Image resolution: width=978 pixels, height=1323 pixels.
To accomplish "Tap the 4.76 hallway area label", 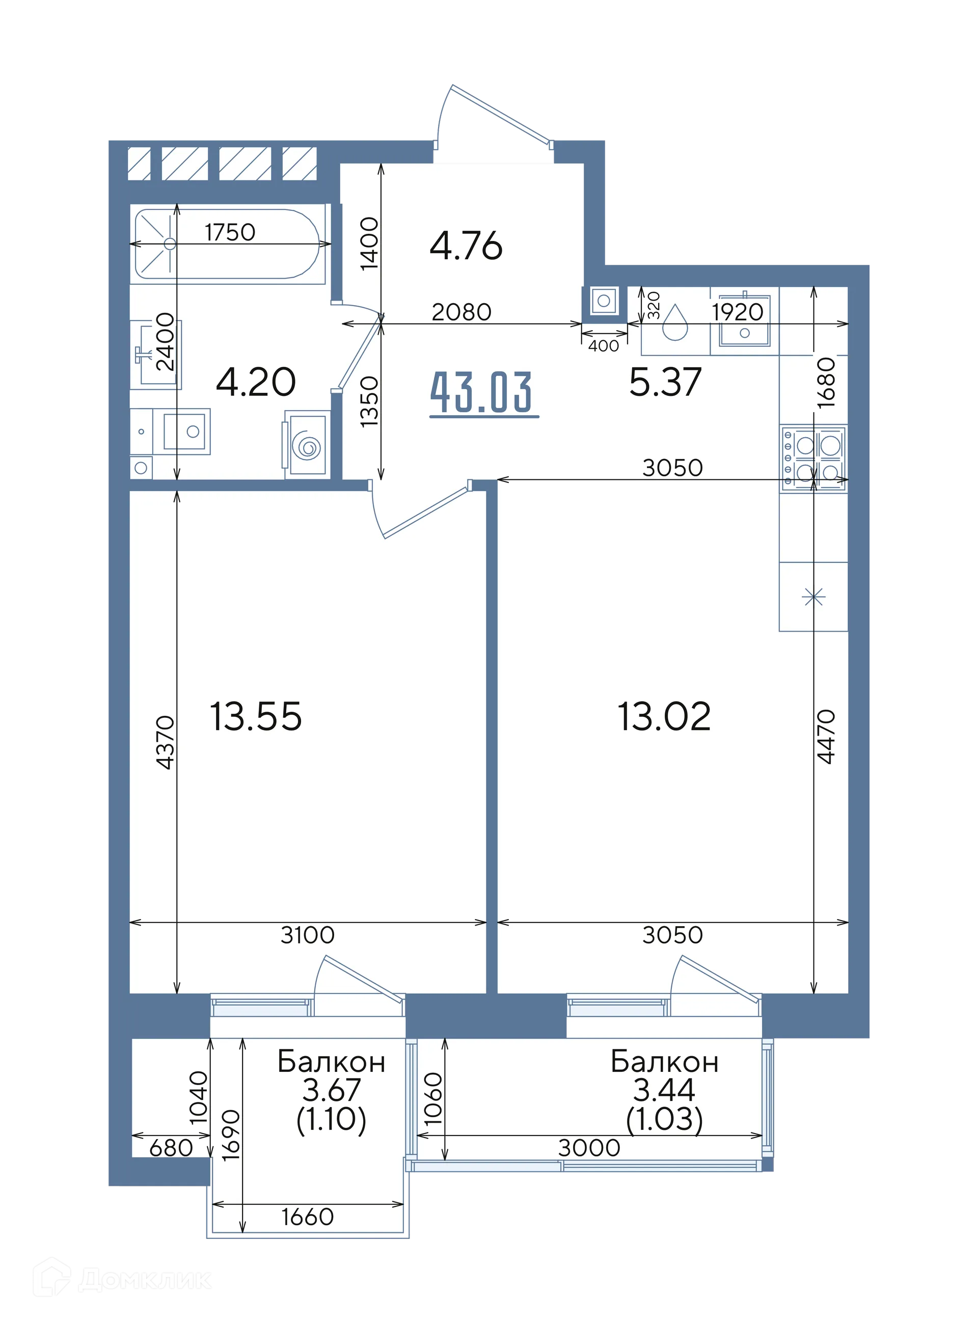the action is (466, 246).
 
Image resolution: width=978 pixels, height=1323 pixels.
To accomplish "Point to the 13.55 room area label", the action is (256, 716).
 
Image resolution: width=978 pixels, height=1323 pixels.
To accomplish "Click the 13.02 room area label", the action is (664, 716).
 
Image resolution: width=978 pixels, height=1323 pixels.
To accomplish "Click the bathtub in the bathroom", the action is (228, 244).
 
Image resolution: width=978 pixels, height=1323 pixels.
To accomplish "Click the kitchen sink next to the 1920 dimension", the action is (744, 320).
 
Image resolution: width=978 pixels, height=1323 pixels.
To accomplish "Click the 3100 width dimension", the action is (307, 935).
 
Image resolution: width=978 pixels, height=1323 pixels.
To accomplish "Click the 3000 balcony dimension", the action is (589, 1148).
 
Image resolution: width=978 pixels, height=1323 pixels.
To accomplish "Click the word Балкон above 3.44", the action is (664, 1062).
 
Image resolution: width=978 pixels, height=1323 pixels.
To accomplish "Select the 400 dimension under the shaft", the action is (604, 346).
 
